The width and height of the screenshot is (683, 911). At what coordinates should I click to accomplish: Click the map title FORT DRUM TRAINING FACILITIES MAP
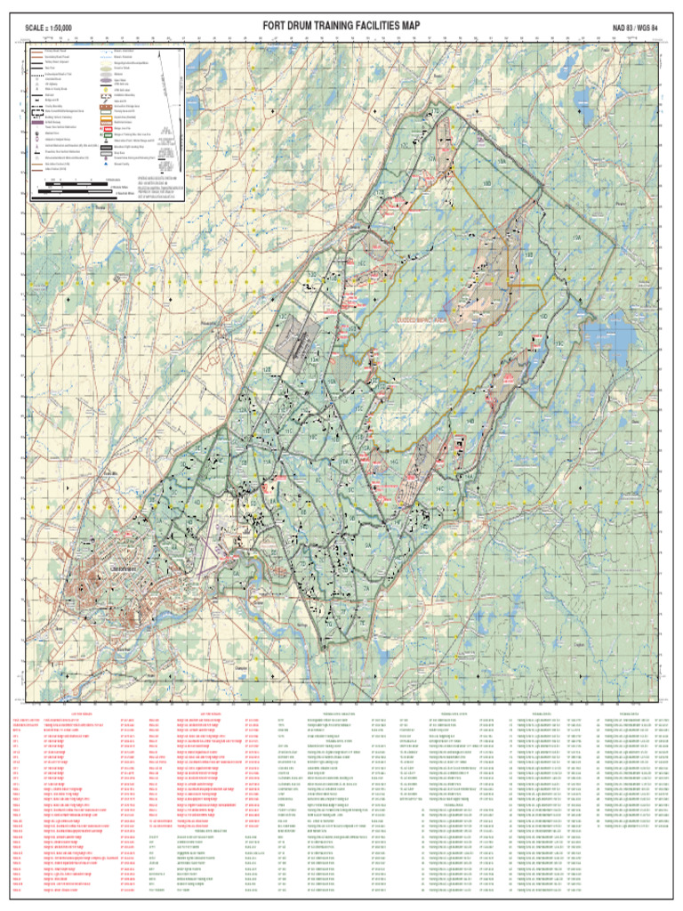point(341,27)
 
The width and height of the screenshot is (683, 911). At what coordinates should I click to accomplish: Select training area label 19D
point(542,315)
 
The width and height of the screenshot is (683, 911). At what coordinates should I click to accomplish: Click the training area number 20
point(500,334)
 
